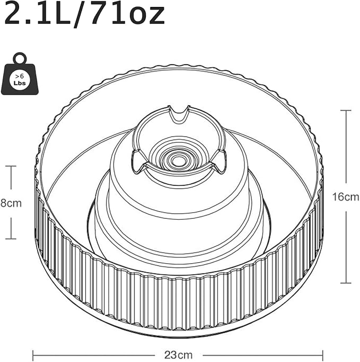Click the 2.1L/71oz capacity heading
coord(85,15)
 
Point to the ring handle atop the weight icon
coord(20,58)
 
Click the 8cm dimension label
coord(11,203)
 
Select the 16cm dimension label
coord(346,197)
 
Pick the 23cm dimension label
coord(178,355)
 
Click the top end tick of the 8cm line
coord(11,166)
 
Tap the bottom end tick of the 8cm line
coord(11,239)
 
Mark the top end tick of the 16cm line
coord(346,110)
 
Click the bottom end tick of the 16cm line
coord(346,283)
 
